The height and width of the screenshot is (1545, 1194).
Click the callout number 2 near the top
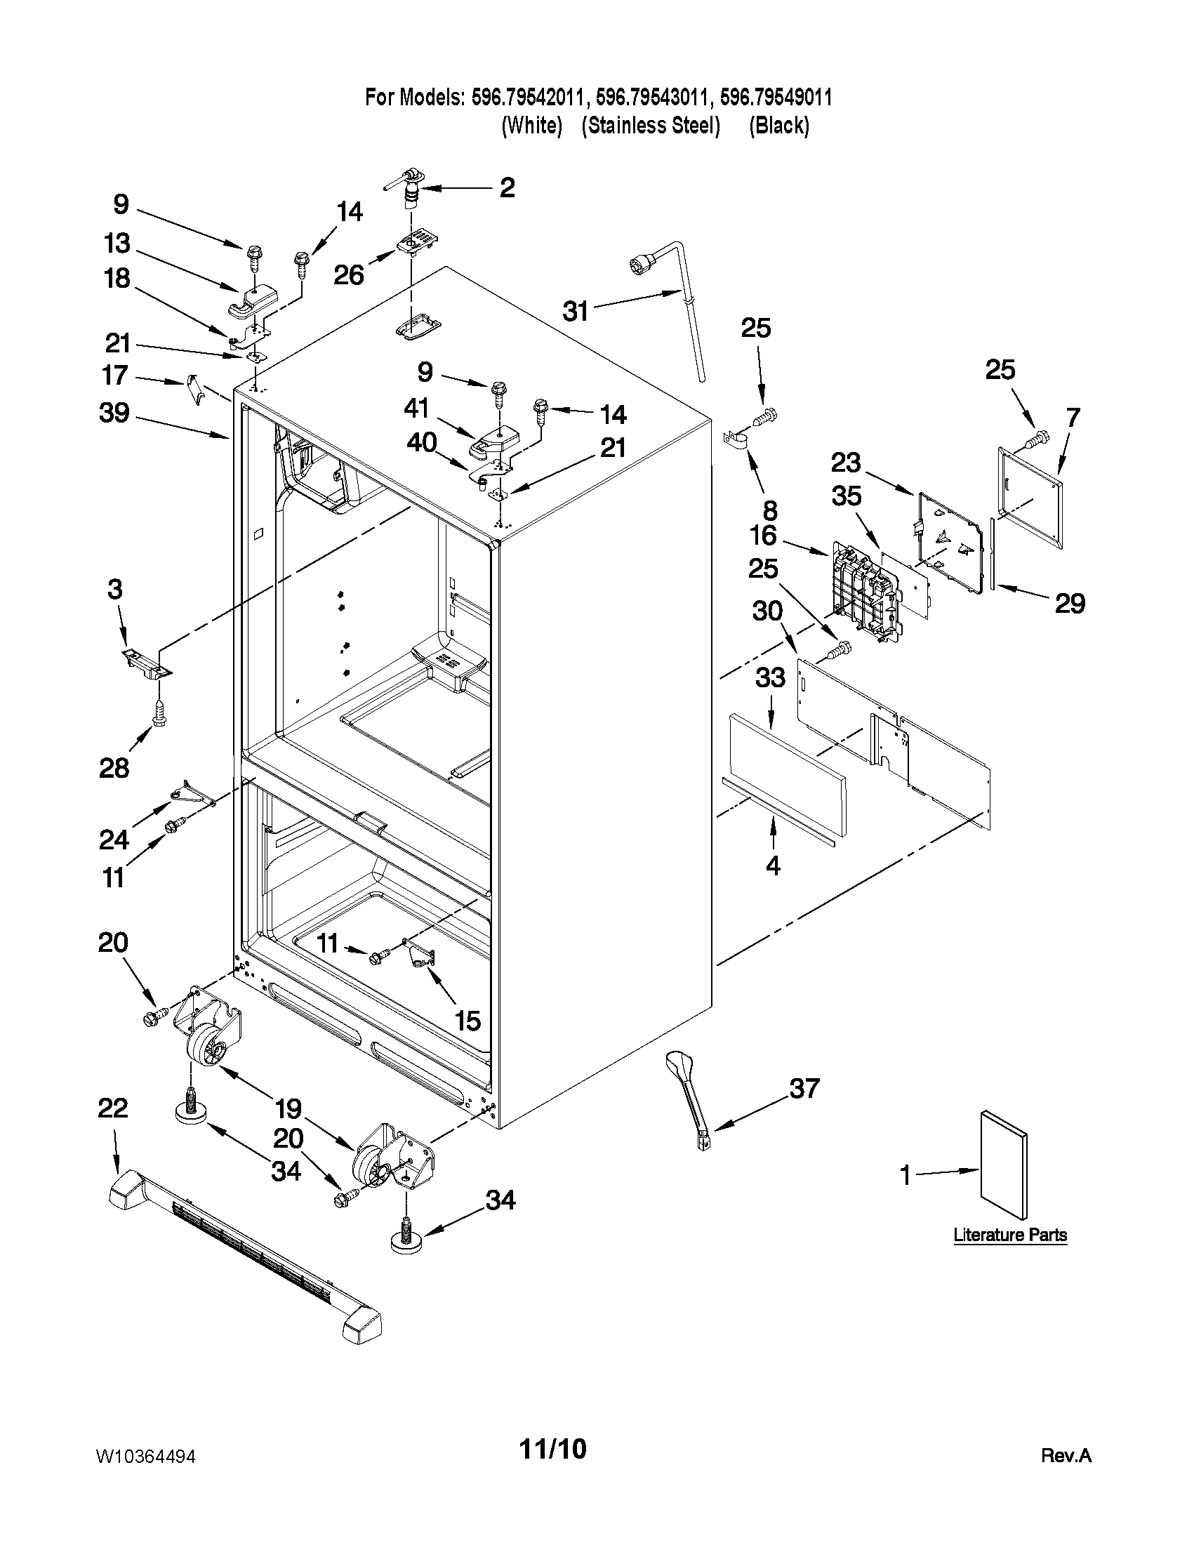tap(507, 187)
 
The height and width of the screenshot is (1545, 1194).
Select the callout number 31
tap(575, 310)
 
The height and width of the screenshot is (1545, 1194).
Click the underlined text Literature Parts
tap(1009, 1235)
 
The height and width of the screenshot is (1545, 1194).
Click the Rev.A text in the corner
tap(1066, 1456)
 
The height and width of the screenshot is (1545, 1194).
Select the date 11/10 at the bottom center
tap(553, 1449)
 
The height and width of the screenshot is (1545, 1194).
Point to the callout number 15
tap(467, 1020)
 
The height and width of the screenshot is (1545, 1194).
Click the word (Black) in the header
tap(778, 125)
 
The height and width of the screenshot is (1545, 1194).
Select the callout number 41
tap(418, 408)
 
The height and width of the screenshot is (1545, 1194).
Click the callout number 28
tap(114, 767)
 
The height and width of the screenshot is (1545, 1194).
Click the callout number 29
tap(1070, 604)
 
